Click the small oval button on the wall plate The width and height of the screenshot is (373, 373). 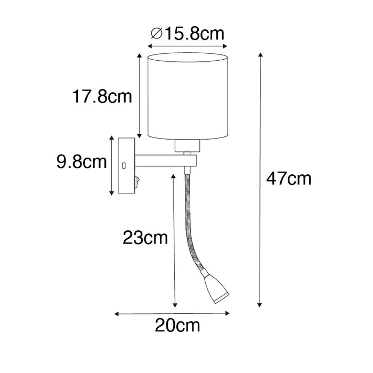click(x=123, y=166)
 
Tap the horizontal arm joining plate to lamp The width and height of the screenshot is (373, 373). click(x=165, y=160)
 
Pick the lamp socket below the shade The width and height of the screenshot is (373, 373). click(x=186, y=145)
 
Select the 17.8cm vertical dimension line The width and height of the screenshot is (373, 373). click(x=139, y=96)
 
